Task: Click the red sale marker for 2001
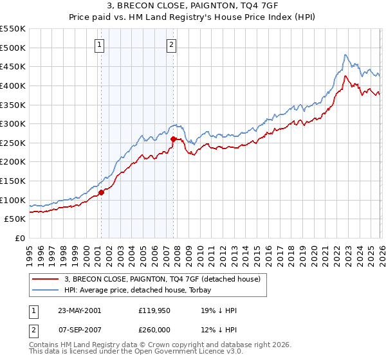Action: click(101, 192)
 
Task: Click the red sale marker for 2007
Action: click(173, 139)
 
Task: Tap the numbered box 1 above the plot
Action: click(100, 45)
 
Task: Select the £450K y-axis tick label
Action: click(13, 66)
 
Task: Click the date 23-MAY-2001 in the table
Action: click(79, 310)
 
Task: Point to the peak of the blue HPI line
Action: click(345, 55)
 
